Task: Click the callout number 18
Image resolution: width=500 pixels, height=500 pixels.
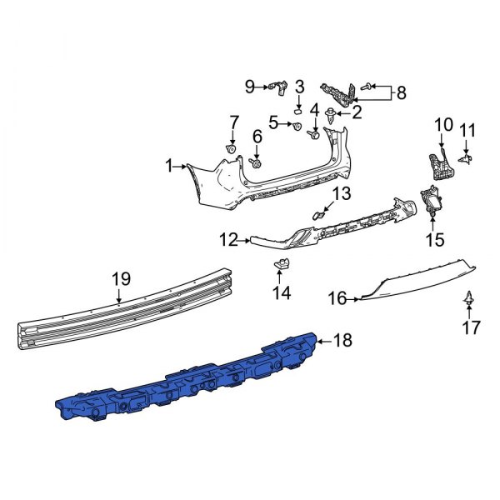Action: click(x=342, y=340)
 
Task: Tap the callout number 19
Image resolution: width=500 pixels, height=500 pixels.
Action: click(x=122, y=277)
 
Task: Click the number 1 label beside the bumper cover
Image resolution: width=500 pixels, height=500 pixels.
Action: click(x=169, y=167)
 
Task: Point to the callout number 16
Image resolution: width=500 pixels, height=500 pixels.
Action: click(x=336, y=297)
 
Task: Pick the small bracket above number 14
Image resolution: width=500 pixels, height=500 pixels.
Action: click(x=282, y=265)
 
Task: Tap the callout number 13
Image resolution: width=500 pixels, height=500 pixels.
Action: click(x=343, y=194)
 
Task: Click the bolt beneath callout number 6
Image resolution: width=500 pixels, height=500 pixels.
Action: click(x=257, y=164)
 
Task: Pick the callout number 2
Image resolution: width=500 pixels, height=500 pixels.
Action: click(x=357, y=111)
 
